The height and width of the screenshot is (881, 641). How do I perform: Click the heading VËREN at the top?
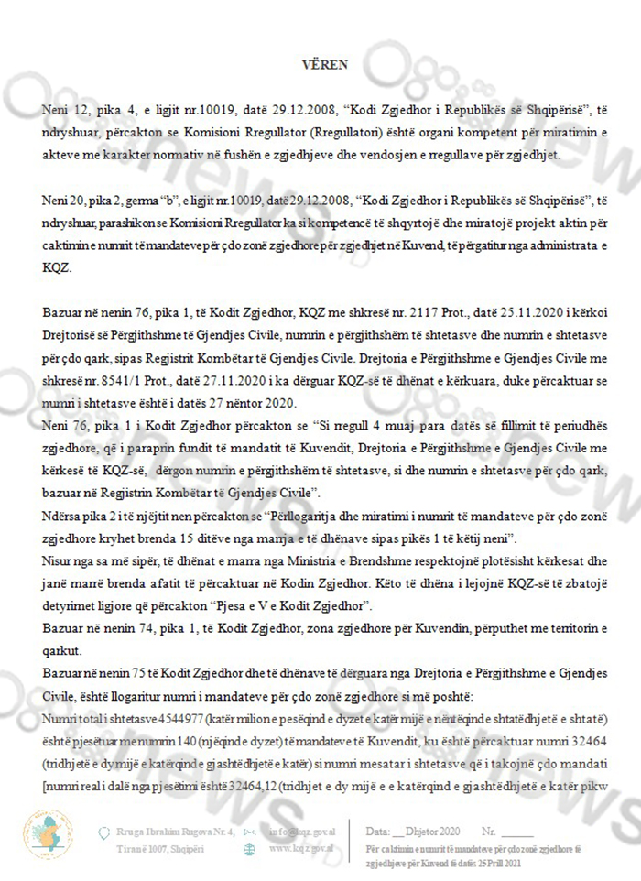(x=320, y=64)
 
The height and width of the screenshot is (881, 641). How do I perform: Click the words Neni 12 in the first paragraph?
(x=61, y=110)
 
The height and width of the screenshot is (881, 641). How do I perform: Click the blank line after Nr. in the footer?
(x=517, y=832)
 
